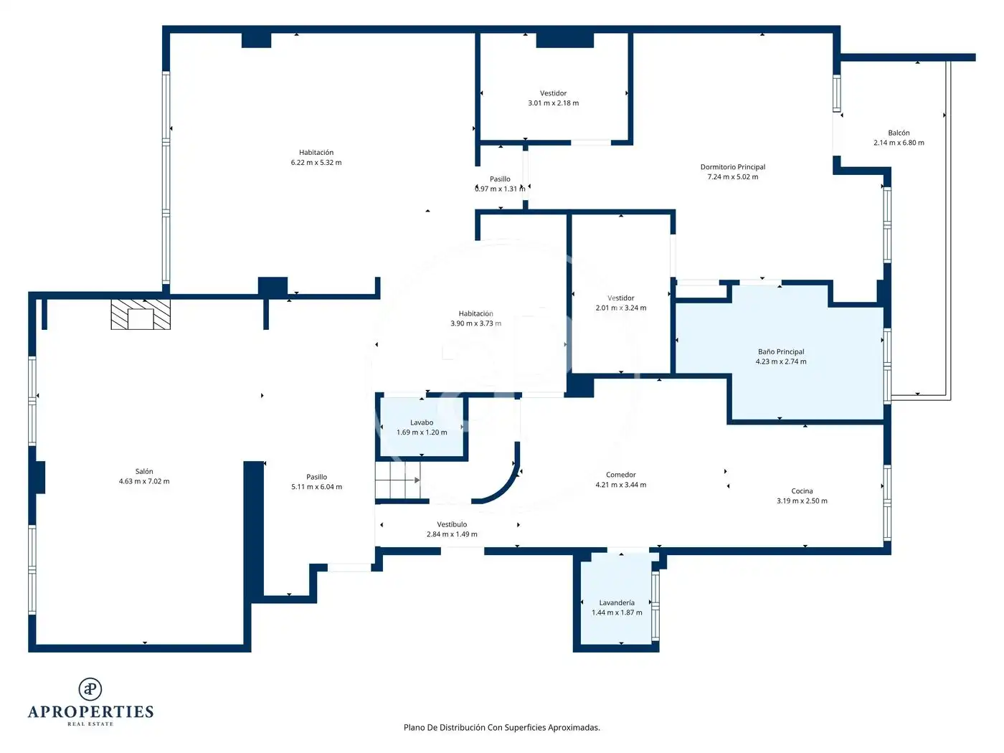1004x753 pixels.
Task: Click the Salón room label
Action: coord(144,471)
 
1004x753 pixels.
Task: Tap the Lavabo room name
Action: coord(421,422)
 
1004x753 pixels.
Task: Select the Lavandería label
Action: coord(617,602)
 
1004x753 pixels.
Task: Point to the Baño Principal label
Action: coord(781,351)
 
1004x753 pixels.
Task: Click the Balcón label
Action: coord(899,133)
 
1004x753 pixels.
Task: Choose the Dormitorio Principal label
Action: coord(732,167)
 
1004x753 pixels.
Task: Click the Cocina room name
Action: coord(802,491)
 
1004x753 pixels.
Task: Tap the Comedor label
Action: coord(621,475)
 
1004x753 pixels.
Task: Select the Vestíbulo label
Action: coord(452,524)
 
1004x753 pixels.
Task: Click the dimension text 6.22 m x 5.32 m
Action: coord(316,162)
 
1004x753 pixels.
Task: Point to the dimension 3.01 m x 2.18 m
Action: coord(553,103)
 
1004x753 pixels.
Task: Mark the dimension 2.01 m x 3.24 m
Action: coord(621,308)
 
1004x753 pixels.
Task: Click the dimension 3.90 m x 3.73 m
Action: coord(475,323)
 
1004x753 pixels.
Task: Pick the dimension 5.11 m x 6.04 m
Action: coord(316,486)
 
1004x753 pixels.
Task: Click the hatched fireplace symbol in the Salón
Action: coord(141,314)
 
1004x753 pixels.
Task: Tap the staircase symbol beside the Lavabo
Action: coord(398,480)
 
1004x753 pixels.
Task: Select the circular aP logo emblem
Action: coord(90,689)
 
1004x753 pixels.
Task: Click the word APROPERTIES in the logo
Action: coord(90,712)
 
